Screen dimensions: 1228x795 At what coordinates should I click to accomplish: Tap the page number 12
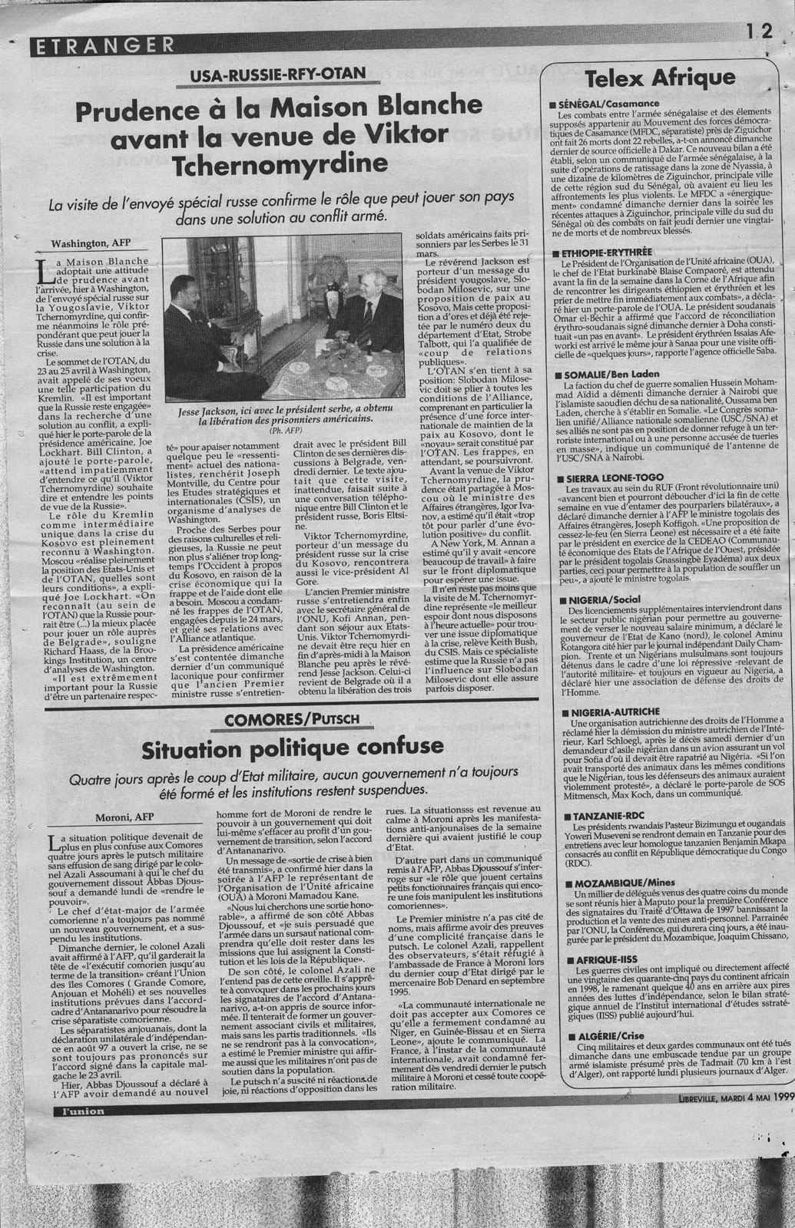[758, 31]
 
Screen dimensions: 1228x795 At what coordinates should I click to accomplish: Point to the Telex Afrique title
[661, 78]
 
